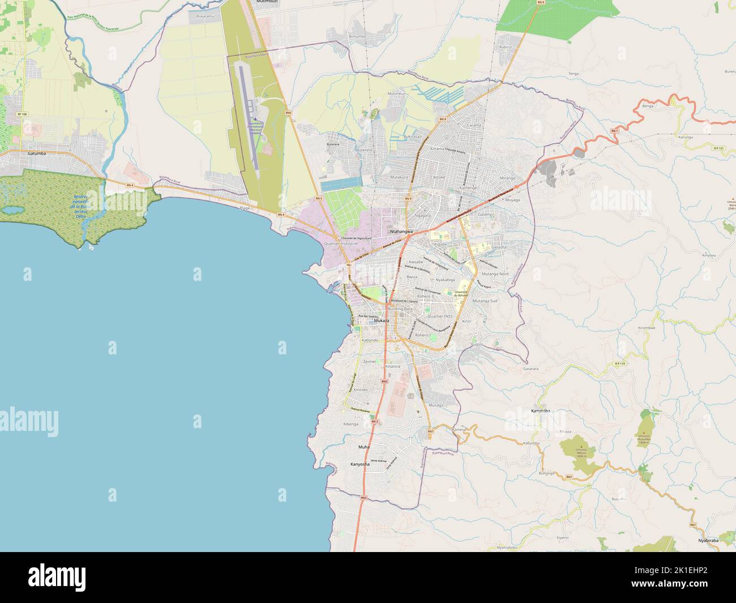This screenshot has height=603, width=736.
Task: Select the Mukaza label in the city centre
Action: click(382, 321)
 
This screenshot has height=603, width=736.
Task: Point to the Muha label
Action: click(363, 447)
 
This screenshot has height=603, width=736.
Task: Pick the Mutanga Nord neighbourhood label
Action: click(495, 273)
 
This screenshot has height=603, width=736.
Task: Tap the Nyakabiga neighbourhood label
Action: click(445, 280)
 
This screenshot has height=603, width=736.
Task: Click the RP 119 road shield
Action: click(620, 363)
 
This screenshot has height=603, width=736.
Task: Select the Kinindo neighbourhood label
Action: click(361, 390)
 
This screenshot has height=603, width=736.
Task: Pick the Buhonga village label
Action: click(546, 472)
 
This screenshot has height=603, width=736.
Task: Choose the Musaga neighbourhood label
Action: click(435, 405)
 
